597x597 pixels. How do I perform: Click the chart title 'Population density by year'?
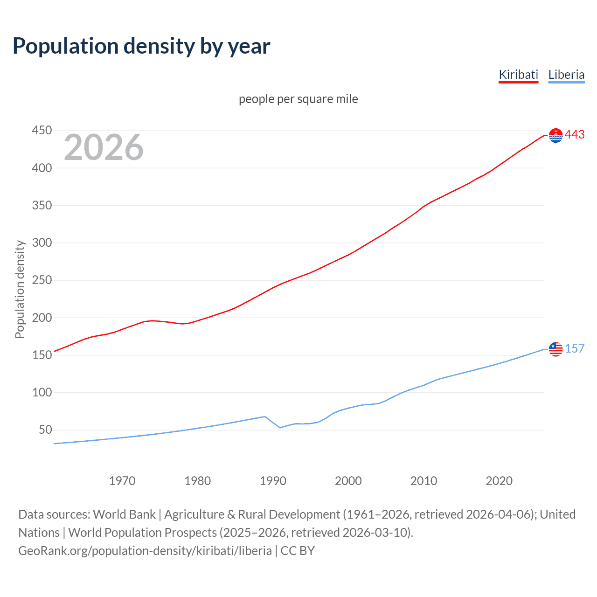(141, 46)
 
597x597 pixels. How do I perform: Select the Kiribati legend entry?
(518, 75)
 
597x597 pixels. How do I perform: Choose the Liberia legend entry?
(566, 75)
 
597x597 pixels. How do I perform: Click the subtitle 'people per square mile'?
(298, 99)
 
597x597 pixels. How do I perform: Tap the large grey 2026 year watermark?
(104, 147)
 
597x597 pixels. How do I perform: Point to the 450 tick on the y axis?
(42, 131)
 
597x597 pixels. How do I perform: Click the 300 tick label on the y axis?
(42, 243)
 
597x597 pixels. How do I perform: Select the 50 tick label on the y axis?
(45, 430)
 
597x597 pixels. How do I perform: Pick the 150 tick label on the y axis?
(42, 355)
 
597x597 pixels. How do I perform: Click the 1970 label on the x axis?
(122, 481)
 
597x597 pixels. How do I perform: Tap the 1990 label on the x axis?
(273, 481)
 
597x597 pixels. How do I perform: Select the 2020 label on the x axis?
(499, 481)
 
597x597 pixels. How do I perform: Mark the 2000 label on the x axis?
(348, 481)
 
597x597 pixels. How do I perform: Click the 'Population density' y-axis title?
(20, 289)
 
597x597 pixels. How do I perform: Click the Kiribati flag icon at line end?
(555, 135)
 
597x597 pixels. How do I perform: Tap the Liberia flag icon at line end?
(555, 349)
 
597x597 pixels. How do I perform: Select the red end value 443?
(575, 135)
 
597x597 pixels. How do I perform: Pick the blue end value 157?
(575, 348)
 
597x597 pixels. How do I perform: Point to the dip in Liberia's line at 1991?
(280, 427)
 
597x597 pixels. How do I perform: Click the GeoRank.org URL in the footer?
(145, 551)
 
